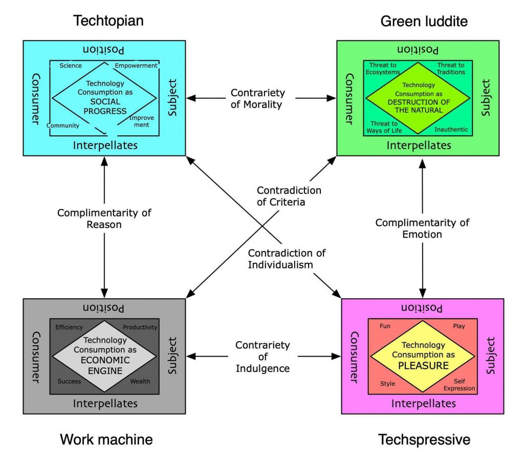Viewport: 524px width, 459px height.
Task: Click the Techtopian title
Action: [108, 20]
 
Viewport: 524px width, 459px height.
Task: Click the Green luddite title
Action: [424, 21]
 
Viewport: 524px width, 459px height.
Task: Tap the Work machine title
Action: [106, 439]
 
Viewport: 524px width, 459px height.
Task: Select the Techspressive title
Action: [424, 440]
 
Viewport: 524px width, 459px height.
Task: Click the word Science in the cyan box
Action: [71, 66]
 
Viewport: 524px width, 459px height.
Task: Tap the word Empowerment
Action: [136, 66]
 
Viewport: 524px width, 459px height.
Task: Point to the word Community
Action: [63, 126]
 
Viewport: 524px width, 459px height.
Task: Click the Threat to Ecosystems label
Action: [382, 69]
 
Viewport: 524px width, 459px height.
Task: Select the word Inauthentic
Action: [451, 130]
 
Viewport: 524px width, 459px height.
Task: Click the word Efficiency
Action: [69, 327]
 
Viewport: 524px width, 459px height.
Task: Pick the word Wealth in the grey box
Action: [140, 382]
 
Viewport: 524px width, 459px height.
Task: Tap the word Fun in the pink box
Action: [385, 326]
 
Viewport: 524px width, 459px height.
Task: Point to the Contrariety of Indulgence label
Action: [263, 357]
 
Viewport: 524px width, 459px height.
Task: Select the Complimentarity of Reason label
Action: [104, 219]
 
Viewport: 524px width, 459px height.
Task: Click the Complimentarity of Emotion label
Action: [422, 228]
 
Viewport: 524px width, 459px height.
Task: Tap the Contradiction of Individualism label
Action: [287, 259]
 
